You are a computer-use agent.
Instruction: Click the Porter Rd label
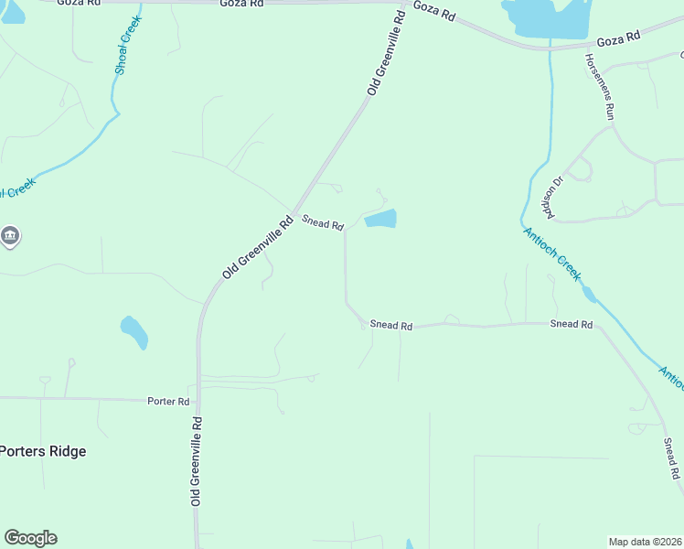point(169,401)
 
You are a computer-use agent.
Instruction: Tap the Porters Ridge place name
point(43,451)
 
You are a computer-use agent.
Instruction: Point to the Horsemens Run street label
point(600,87)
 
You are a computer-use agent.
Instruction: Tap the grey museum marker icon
point(10,236)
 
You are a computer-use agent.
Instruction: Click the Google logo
point(30,538)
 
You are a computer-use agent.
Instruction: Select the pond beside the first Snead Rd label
point(380,219)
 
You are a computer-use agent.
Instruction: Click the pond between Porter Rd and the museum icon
point(134,332)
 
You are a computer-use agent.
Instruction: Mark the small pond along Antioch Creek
point(589,293)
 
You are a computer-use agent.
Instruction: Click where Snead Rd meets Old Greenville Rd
point(293,211)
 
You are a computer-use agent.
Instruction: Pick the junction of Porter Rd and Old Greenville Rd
point(197,400)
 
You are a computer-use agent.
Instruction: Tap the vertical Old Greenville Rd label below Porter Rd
point(197,462)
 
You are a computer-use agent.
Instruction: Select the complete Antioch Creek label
point(551,253)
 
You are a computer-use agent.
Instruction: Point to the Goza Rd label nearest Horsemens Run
point(619,40)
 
